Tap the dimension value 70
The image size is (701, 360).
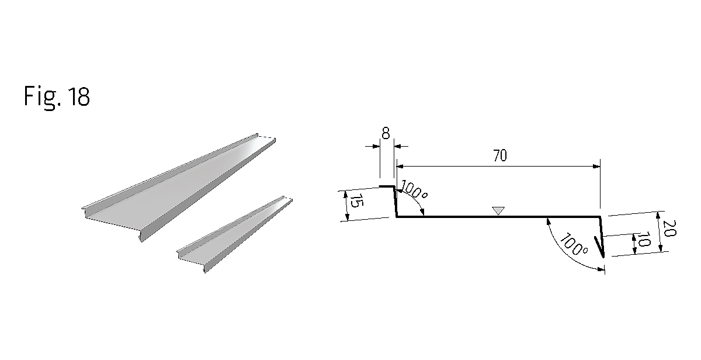click(500, 155)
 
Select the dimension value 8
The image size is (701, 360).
click(386, 133)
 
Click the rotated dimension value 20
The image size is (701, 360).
click(669, 228)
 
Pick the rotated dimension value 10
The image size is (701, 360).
click(644, 239)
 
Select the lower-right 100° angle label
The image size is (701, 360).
click(573, 245)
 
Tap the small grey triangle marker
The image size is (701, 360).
click(498, 210)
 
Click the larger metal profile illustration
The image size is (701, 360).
click(178, 188)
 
